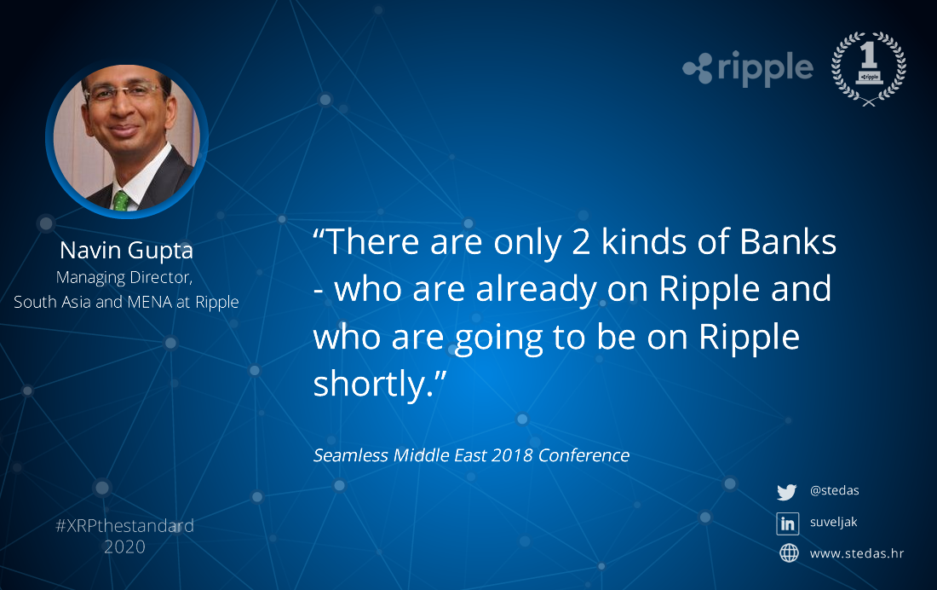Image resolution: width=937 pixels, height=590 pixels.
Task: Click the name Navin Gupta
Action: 127,251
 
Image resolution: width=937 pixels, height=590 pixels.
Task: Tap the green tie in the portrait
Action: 121,201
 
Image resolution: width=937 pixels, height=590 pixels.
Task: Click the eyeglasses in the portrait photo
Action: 124,91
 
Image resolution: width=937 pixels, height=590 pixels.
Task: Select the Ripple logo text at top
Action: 765,68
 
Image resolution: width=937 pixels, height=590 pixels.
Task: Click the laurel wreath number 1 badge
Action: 868,68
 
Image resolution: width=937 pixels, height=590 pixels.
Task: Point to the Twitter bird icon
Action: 787,492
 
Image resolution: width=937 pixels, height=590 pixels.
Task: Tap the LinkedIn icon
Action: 788,523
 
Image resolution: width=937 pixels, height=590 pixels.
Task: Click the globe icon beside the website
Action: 789,552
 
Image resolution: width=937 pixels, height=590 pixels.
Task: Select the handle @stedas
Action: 834,490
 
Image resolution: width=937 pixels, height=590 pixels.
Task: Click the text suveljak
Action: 834,523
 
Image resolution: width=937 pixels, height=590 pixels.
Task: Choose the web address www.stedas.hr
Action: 857,553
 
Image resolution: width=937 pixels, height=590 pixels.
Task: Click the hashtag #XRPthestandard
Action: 125,525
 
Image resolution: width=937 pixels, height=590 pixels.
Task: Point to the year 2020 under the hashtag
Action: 125,547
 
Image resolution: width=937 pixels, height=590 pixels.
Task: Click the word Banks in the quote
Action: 788,242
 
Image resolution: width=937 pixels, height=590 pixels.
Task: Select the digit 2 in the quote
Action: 581,242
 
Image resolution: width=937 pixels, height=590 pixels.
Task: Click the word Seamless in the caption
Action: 351,455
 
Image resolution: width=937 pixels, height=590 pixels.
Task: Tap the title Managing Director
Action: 124,278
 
